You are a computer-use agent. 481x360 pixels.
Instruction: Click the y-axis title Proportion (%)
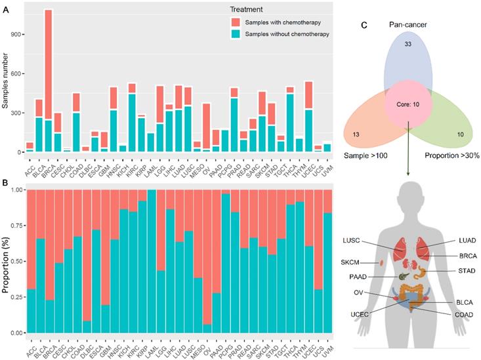coord(5,260)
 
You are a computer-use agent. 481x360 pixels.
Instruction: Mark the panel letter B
coord(6,178)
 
